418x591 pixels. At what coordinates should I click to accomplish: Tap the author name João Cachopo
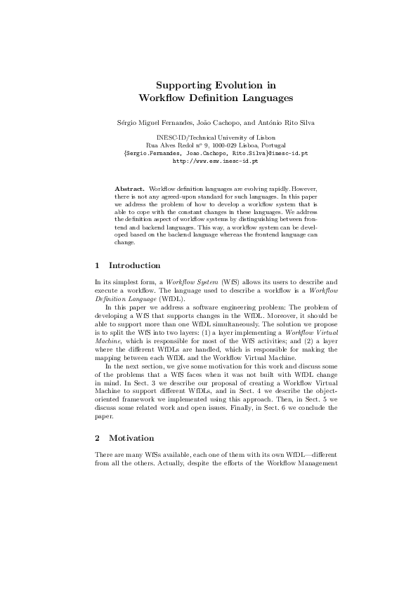(209, 124)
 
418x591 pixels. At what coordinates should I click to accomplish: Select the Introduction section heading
(134, 266)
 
